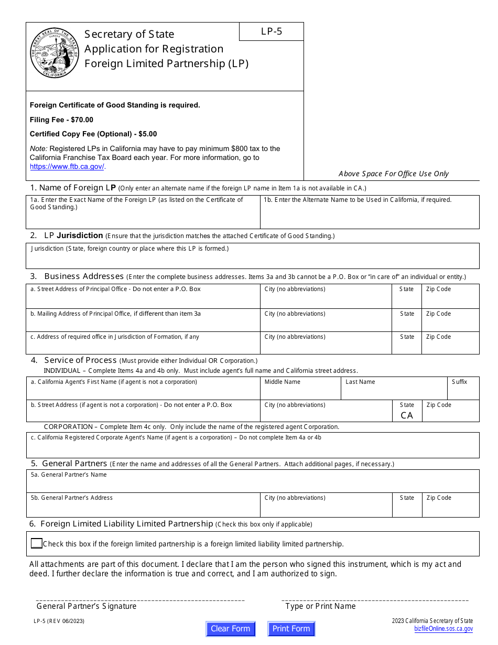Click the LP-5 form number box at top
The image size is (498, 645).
[x=272, y=31]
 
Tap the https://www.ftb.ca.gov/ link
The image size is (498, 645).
[x=67, y=167]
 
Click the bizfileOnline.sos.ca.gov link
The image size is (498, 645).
[x=443, y=629]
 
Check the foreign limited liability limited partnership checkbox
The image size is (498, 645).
[x=36, y=544]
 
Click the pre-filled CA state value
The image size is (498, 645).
[x=407, y=415]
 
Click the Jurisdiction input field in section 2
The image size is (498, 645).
[x=253, y=260]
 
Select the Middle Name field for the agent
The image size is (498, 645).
[x=300, y=392]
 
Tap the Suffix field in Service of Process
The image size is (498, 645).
[x=463, y=392]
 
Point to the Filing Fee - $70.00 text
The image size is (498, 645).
[x=61, y=120]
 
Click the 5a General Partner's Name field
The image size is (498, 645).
[x=253, y=485]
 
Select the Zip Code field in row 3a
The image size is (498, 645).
[x=450, y=300]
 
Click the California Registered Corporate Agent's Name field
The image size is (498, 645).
[x=253, y=449]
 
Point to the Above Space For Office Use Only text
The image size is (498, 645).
[x=394, y=174]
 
